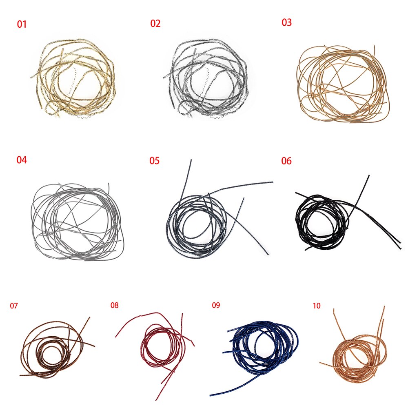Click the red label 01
coord(22,24)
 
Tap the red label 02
coord(155,23)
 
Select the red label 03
coord(286,22)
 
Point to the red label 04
coord(22,160)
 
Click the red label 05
coord(154,160)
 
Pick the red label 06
coord(286,161)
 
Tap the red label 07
coord(14,306)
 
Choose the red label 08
coord(115,305)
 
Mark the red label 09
coord(216,305)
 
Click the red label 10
coord(317,306)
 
